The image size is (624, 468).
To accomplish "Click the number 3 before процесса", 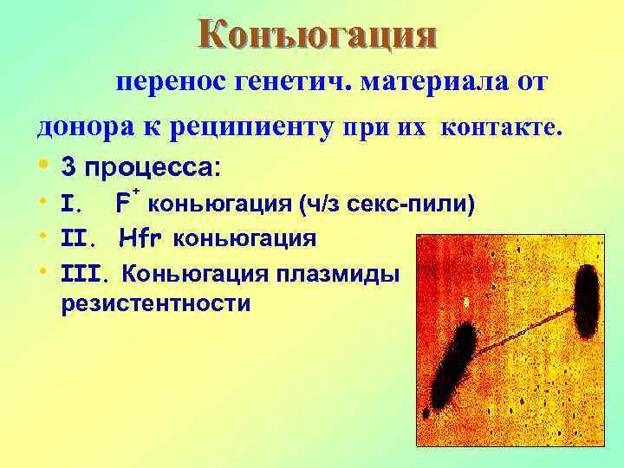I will [68, 166].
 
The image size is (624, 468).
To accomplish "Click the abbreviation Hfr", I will [142, 237].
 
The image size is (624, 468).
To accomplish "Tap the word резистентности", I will [156, 304].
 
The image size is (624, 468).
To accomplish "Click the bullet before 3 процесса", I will [42, 166].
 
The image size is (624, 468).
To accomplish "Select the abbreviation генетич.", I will [287, 85].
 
